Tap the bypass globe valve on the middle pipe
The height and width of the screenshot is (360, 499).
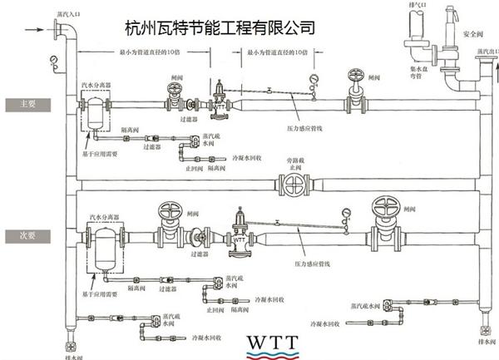293,183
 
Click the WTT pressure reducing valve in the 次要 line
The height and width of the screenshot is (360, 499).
240,235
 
